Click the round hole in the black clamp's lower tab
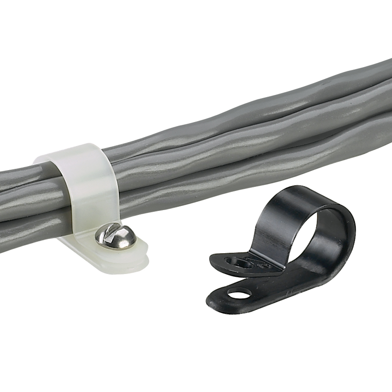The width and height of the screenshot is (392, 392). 239,294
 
